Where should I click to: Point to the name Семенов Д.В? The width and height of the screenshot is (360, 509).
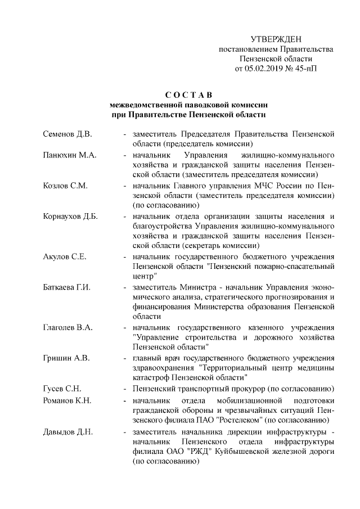pos(67,135)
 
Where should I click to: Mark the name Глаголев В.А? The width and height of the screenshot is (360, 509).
pos(68,327)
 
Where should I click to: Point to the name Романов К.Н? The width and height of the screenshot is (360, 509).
pos(67,400)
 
